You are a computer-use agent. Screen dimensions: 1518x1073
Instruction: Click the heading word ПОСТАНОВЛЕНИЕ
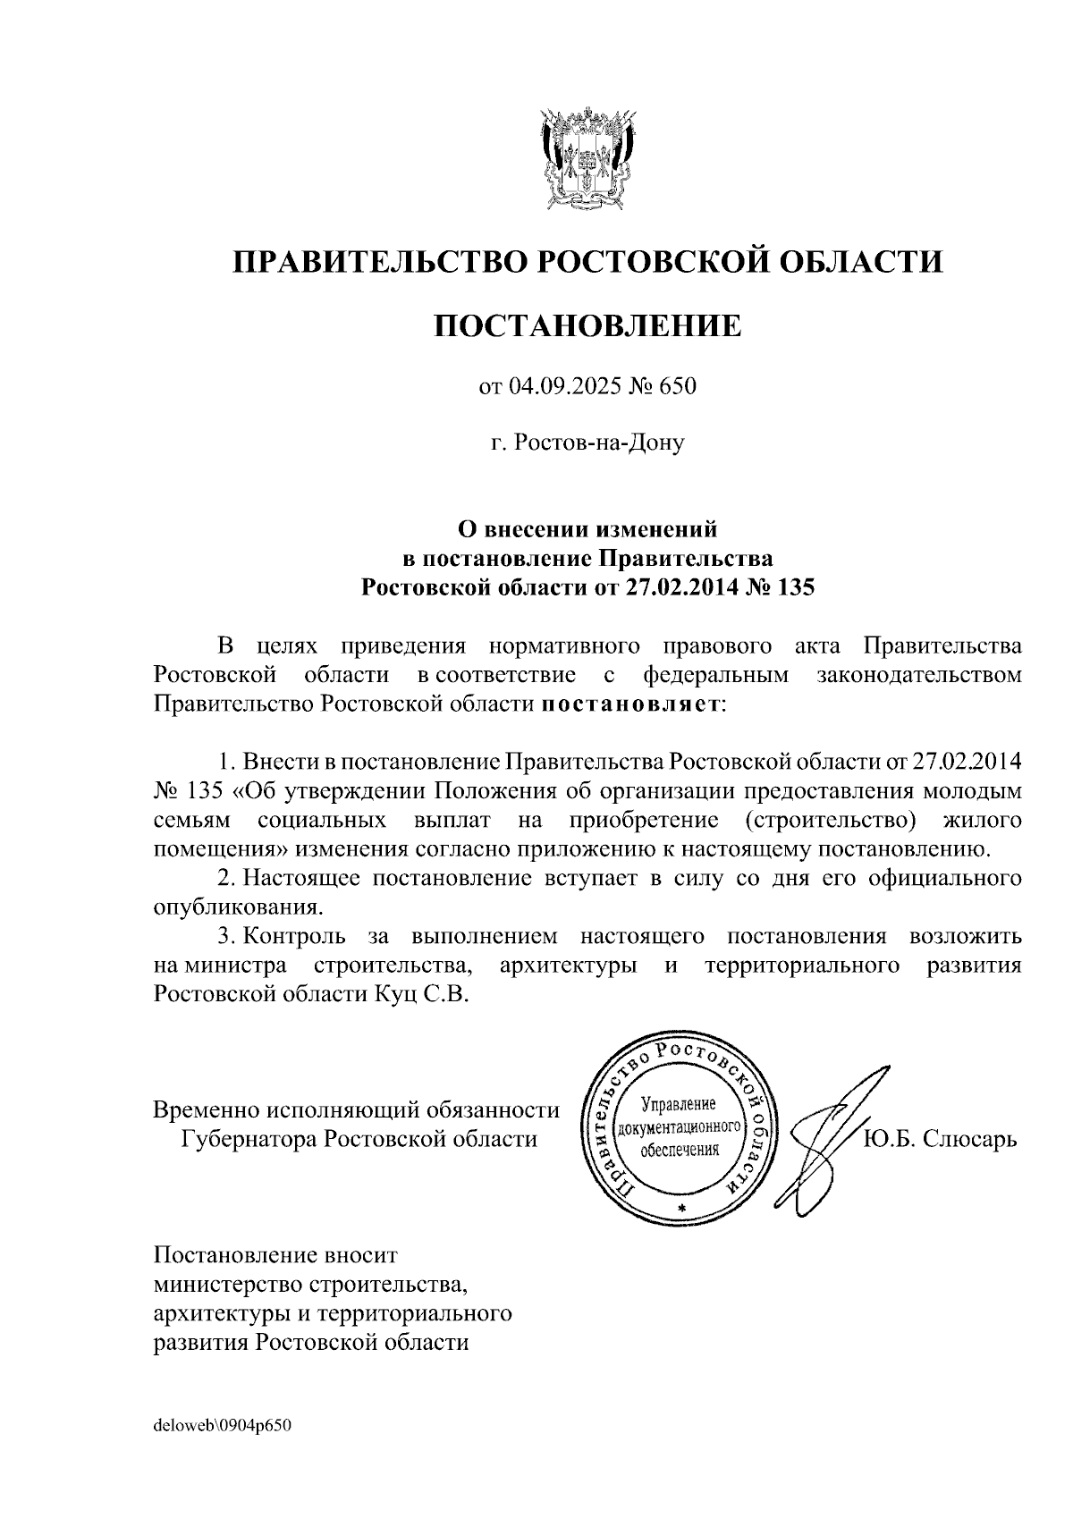[587, 326]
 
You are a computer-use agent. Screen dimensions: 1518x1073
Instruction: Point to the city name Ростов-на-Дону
[598, 443]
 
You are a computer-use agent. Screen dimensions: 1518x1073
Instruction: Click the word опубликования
[237, 907]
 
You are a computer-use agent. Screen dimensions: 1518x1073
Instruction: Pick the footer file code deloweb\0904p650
[223, 1424]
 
